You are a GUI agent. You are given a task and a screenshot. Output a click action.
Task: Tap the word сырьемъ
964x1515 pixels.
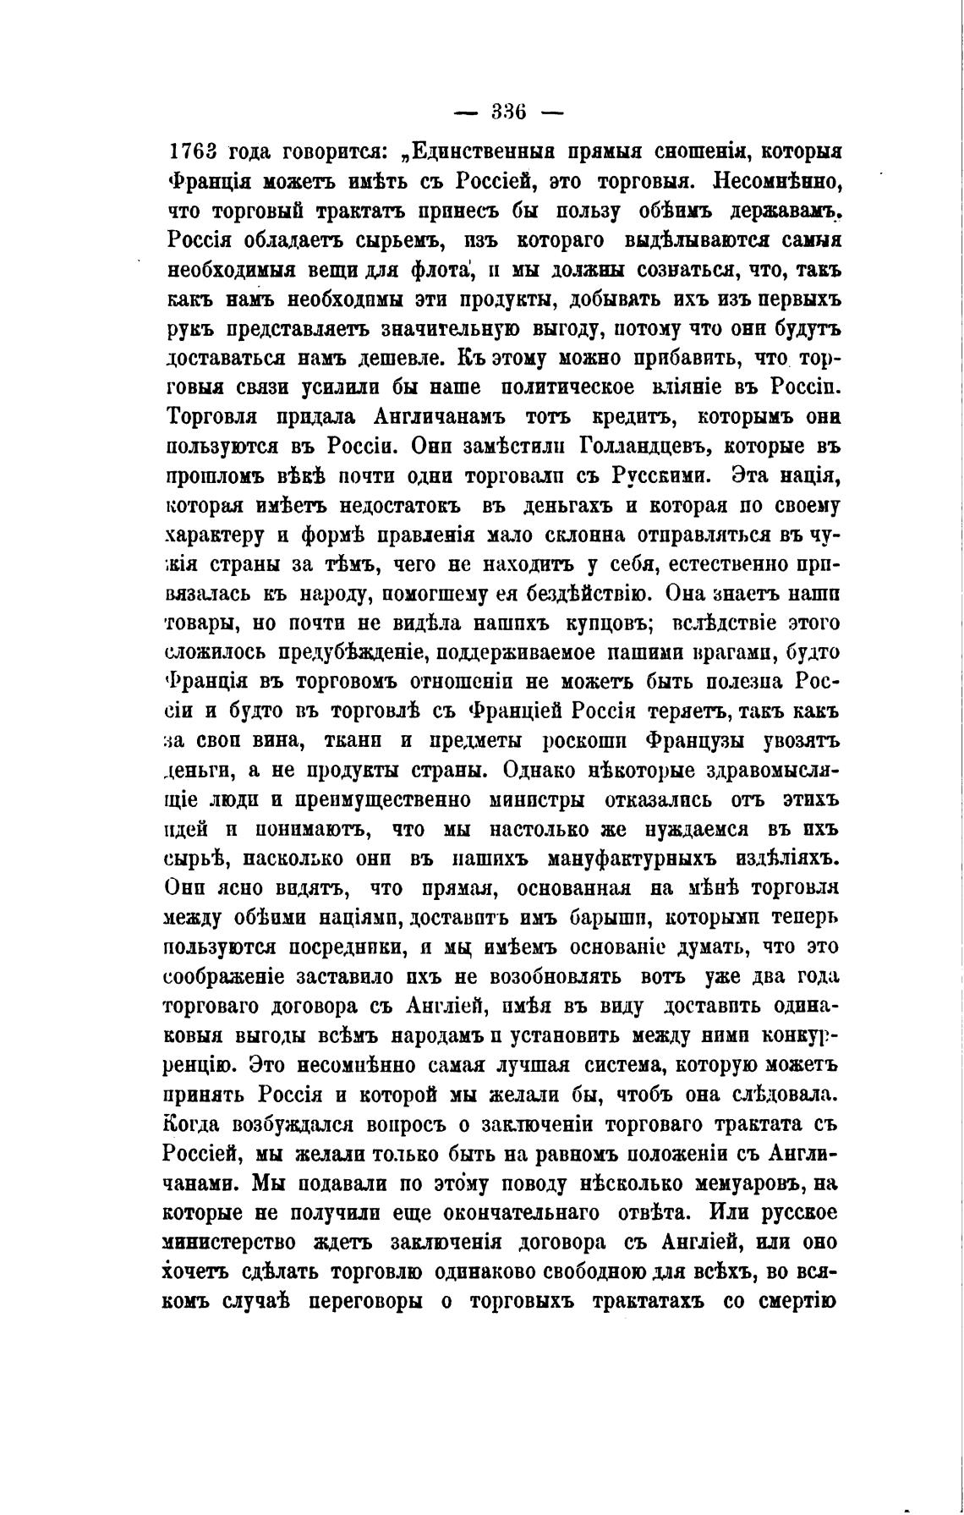(x=395, y=241)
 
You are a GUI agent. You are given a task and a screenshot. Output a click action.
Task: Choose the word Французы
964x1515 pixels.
(x=693, y=741)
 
